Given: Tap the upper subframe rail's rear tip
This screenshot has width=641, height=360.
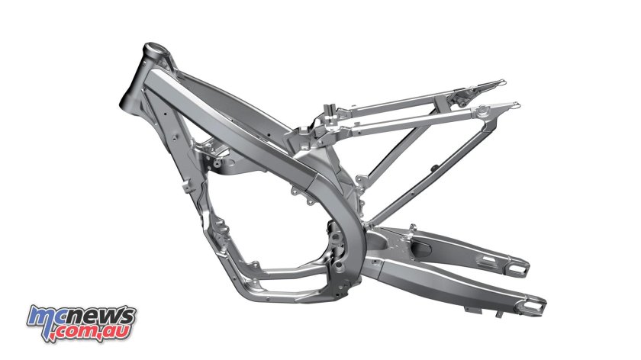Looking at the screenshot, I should (x=501, y=81).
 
